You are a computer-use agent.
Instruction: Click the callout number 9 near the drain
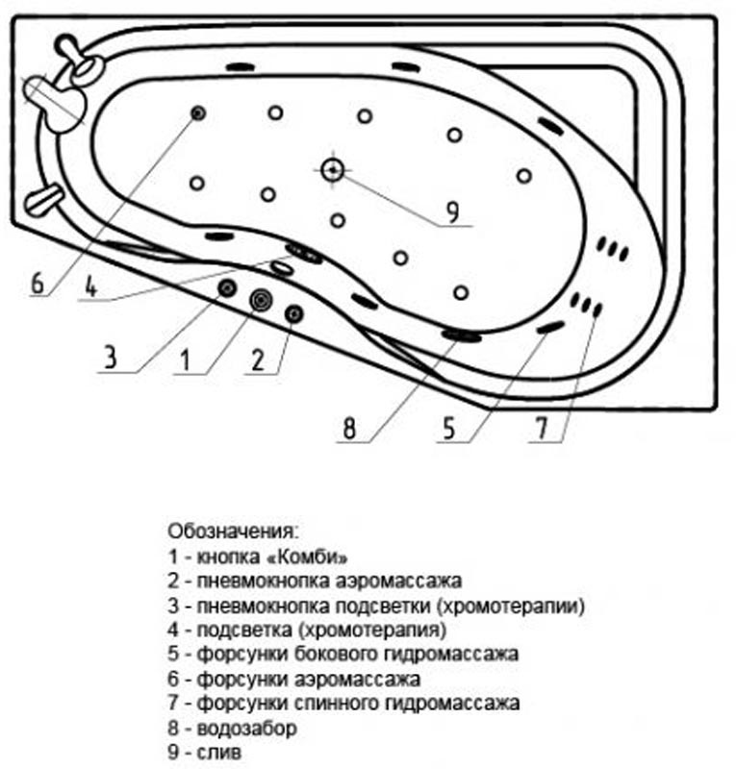tap(452, 211)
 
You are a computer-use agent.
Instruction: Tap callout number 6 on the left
tap(38, 283)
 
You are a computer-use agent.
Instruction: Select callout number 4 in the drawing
tap(91, 285)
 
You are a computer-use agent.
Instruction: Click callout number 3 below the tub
tap(111, 357)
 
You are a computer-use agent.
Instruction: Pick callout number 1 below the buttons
tap(185, 360)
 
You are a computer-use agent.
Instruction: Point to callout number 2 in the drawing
tap(258, 360)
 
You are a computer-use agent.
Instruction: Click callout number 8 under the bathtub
tap(349, 428)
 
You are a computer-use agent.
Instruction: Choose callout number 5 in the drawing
tap(449, 428)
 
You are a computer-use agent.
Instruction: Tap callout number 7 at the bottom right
tap(542, 428)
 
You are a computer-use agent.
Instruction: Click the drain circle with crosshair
tap(333, 170)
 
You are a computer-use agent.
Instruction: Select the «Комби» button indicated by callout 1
tap(260, 300)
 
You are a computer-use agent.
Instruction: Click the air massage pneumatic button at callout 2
tap(294, 314)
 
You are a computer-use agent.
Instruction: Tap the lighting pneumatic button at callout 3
tap(227, 288)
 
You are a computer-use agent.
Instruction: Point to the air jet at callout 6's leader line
tap(198, 113)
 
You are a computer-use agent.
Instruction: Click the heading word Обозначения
tap(233, 532)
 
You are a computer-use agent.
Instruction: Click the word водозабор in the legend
tap(246, 728)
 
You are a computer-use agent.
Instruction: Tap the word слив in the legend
tap(219, 753)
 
